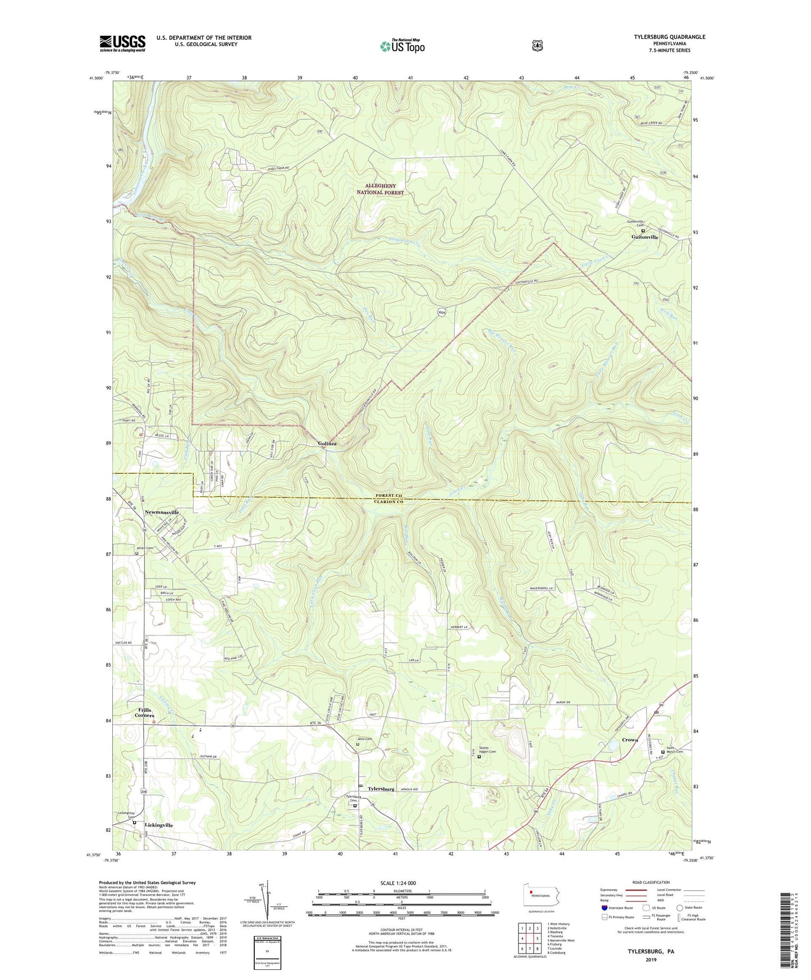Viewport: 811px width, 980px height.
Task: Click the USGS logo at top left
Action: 122,43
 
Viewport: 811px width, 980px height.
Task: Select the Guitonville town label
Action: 642,237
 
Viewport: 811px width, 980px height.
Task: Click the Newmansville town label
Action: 162,512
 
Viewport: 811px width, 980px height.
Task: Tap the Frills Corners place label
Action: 144,713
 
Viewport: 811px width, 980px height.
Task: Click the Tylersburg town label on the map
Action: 381,789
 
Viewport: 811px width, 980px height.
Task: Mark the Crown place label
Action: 630,740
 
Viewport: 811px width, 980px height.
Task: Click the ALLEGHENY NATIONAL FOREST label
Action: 381,189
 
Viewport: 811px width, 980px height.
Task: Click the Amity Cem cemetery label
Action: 144,548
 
